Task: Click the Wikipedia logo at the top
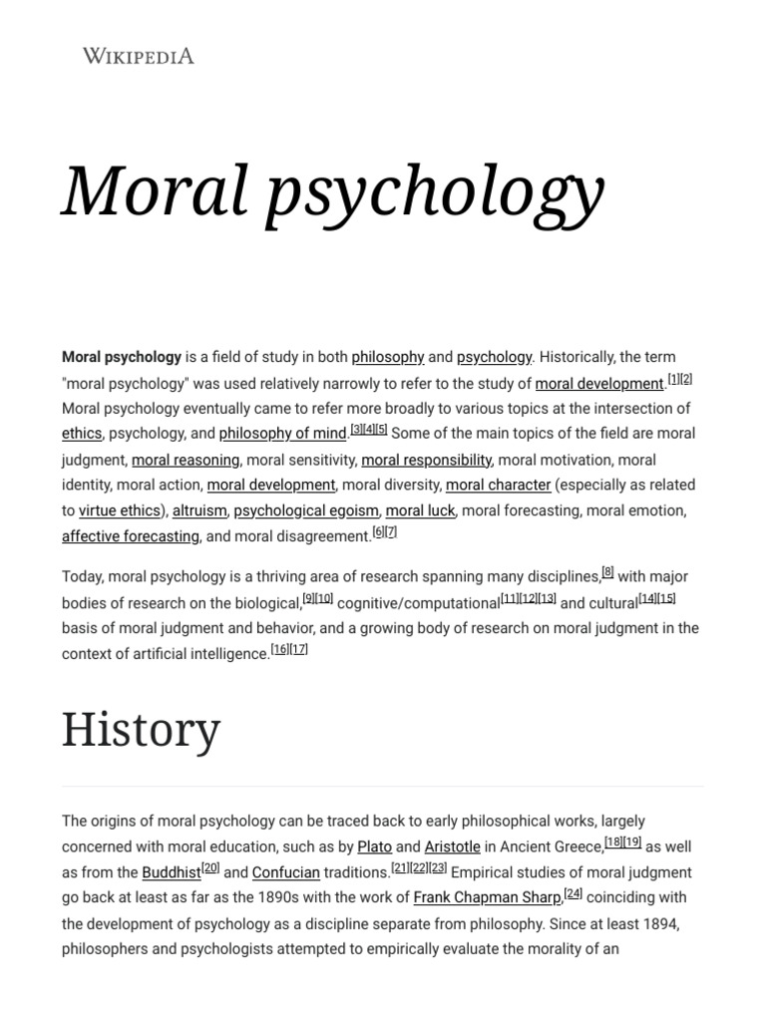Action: click(x=138, y=56)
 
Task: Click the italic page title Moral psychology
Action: click(x=333, y=190)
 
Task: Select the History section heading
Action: click(x=141, y=730)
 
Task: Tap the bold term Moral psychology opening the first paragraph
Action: click(x=122, y=357)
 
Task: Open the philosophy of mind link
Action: click(x=283, y=434)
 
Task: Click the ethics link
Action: click(x=82, y=434)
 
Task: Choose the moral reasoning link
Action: click(x=186, y=460)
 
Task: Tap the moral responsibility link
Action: click(x=426, y=460)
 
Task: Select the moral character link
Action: click(x=498, y=486)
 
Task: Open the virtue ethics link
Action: click(x=120, y=510)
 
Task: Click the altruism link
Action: click(x=199, y=510)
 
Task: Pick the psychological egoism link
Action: click(x=306, y=510)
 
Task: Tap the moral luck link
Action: click(x=420, y=510)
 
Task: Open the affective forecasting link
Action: click(x=131, y=536)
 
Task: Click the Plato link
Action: click(x=374, y=847)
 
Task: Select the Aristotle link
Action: click(x=452, y=847)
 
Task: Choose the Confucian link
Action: click(x=286, y=872)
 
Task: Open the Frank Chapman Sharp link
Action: click(x=487, y=897)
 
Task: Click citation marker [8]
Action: click(x=607, y=572)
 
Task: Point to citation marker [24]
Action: click(x=574, y=893)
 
